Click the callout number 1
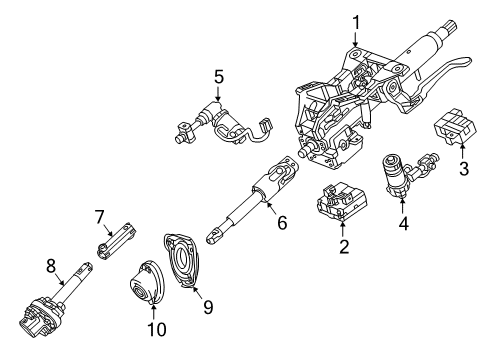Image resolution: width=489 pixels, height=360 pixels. pyautogui.click(x=354, y=20)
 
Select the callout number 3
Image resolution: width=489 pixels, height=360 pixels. pyautogui.click(x=462, y=169)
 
